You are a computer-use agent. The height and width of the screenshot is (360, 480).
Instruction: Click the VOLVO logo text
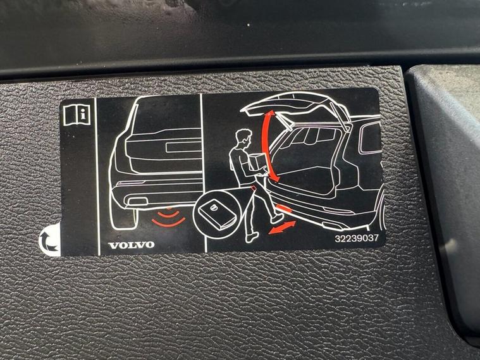pos(132,245)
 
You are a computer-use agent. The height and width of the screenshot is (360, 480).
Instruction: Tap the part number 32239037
pos(357,239)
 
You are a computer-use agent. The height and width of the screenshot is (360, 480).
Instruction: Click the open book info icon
pos(77,115)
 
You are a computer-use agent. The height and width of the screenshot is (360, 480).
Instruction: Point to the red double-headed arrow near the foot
pos(282,228)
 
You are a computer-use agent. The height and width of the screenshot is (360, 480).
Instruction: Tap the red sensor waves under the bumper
pos(169,216)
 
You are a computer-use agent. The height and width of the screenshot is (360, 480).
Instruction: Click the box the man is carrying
pos(258,161)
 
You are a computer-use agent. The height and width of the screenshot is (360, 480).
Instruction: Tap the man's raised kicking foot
pos(277,218)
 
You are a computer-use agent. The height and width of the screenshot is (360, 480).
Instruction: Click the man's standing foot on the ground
pos(252,237)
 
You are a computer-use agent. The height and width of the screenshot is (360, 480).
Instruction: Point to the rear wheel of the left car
pos(123,215)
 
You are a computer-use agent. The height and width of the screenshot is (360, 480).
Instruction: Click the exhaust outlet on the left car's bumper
pos(137,202)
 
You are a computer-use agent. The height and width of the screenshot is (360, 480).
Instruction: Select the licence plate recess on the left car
pos(183,147)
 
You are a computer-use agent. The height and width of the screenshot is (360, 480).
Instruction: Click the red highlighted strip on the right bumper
pos(283,208)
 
